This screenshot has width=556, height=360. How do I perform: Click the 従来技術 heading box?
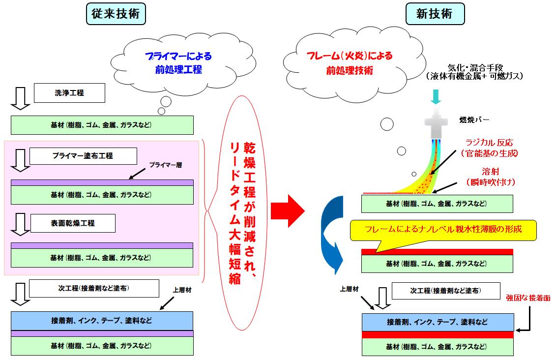pos(116,14)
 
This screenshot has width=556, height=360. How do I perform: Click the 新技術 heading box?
pos(435,14)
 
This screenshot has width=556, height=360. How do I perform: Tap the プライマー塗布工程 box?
pos(83,156)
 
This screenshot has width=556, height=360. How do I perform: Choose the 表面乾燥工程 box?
pos(73,223)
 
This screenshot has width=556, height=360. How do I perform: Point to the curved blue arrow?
pos(331,231)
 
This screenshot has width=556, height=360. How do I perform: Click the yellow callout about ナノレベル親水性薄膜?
pos(442,230)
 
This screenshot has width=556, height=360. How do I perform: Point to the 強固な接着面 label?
pos(528,298)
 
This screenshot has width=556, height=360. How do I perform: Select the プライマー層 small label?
pos(165,165)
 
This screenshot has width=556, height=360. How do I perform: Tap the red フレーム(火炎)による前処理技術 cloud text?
pos(350,63)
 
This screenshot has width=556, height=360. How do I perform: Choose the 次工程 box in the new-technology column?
pos(446,291)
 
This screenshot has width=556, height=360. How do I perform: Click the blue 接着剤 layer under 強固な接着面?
pos(438,322)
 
